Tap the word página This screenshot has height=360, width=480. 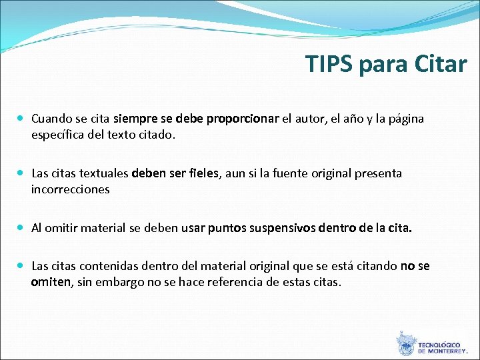point(404,120)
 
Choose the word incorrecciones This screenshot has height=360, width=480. point(70,189)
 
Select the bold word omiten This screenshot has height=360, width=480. point(51,282)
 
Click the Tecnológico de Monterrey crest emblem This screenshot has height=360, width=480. point(405,344)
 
